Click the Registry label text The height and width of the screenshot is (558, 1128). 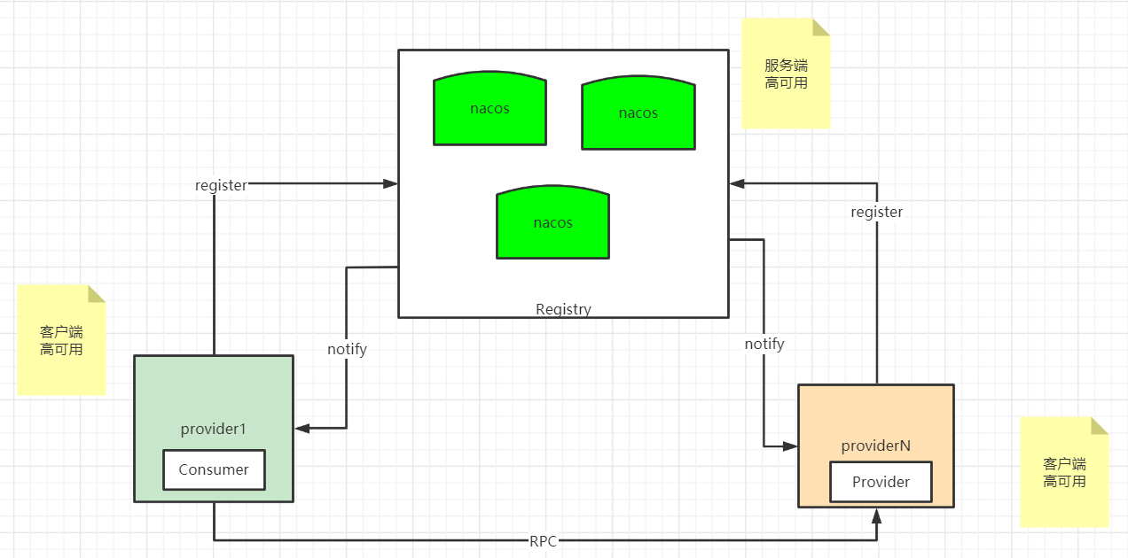coord(563,309)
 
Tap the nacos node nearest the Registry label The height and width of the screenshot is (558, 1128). coord(553,222)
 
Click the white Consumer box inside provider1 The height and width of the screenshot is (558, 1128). coord(214,469)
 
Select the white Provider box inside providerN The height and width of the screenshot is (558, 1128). coord(881,482)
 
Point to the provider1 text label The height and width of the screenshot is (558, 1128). coord(214,429)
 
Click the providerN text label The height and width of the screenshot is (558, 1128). coord(876,446)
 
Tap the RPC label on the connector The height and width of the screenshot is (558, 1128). coord(543,541)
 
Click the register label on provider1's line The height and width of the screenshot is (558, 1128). coord(221,185)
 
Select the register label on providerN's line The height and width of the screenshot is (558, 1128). coord(877,212)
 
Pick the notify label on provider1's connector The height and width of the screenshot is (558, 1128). coord(347,349)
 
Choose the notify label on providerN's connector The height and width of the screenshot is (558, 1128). coord(764,345)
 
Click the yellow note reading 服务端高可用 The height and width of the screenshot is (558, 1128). coord(786,74)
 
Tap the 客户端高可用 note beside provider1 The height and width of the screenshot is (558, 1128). coord(61,340)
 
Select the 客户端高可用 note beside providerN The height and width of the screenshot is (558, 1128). coord(1064,472)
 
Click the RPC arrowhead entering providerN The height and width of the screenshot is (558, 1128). coord(877,516)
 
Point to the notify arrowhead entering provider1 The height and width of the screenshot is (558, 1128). coord(302,428)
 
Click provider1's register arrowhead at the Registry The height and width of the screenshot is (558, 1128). coord(390,183)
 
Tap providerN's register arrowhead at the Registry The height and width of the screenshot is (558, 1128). coord(738,183)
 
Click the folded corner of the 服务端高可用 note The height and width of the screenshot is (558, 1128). coord(821,27)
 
